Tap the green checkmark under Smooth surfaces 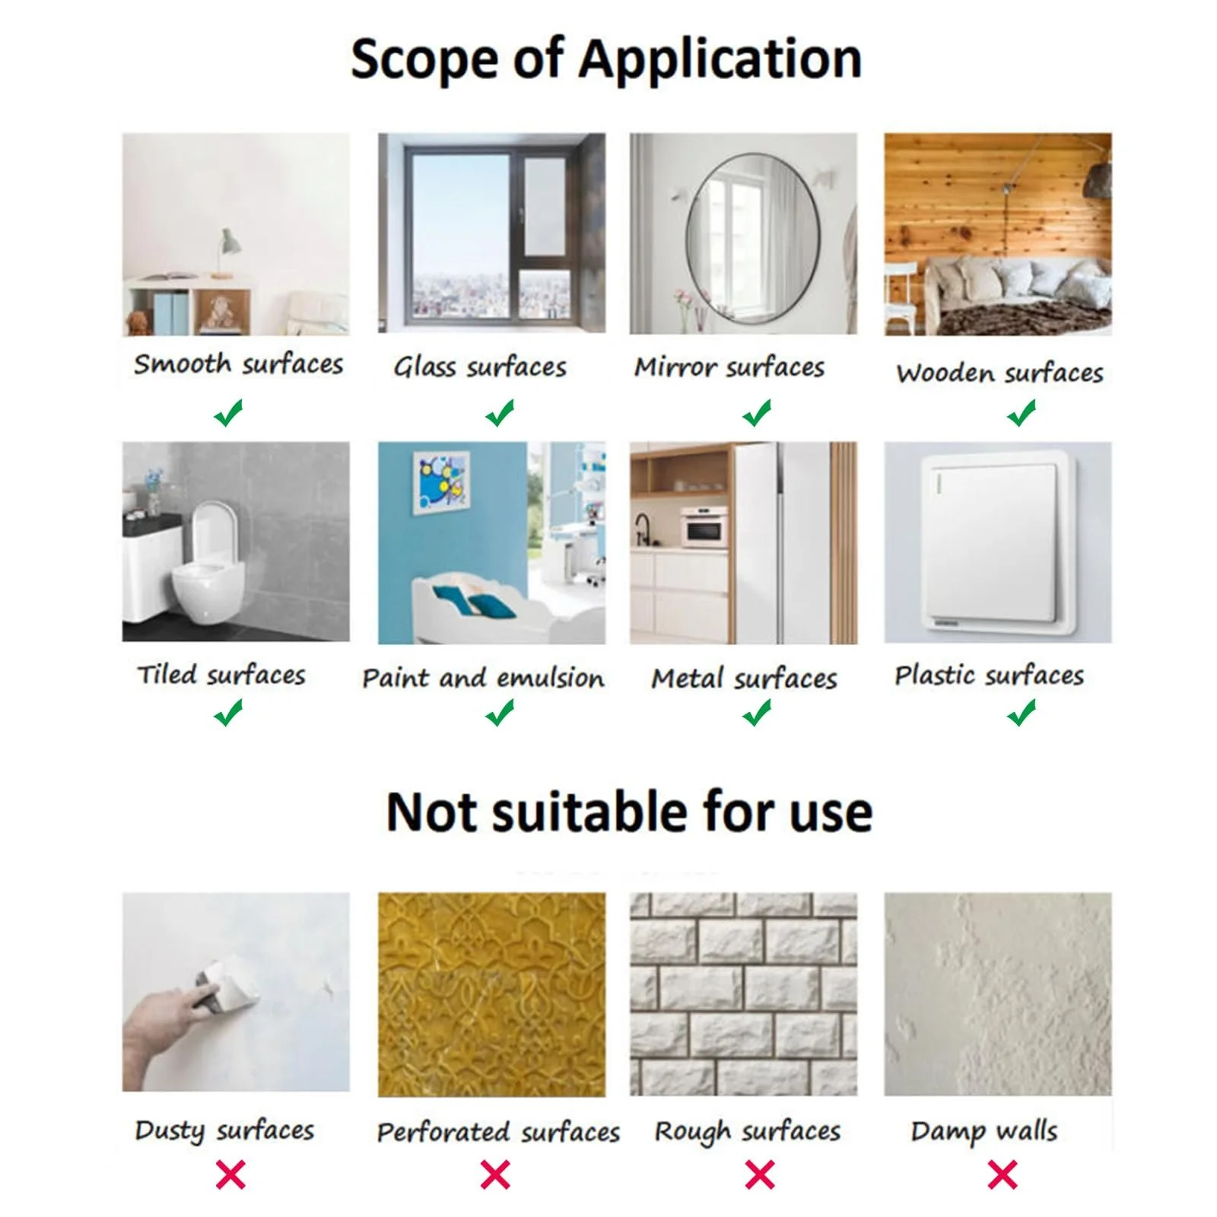(x=227, y=413)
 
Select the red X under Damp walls (x=1003, y=1175)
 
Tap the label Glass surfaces (x=480, y=367)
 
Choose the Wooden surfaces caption (x=999, y=373)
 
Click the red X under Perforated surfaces (x=495, y=1175)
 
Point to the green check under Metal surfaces (x=757, y=713)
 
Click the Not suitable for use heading (x=629, y=812)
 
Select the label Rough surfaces (x=748, y=1132)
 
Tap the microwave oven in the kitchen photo (x=704, y=526)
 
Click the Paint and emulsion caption (x=483, y=678)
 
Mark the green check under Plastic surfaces (x=1022, y=713)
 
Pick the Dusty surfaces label (x=224, y=1130)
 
